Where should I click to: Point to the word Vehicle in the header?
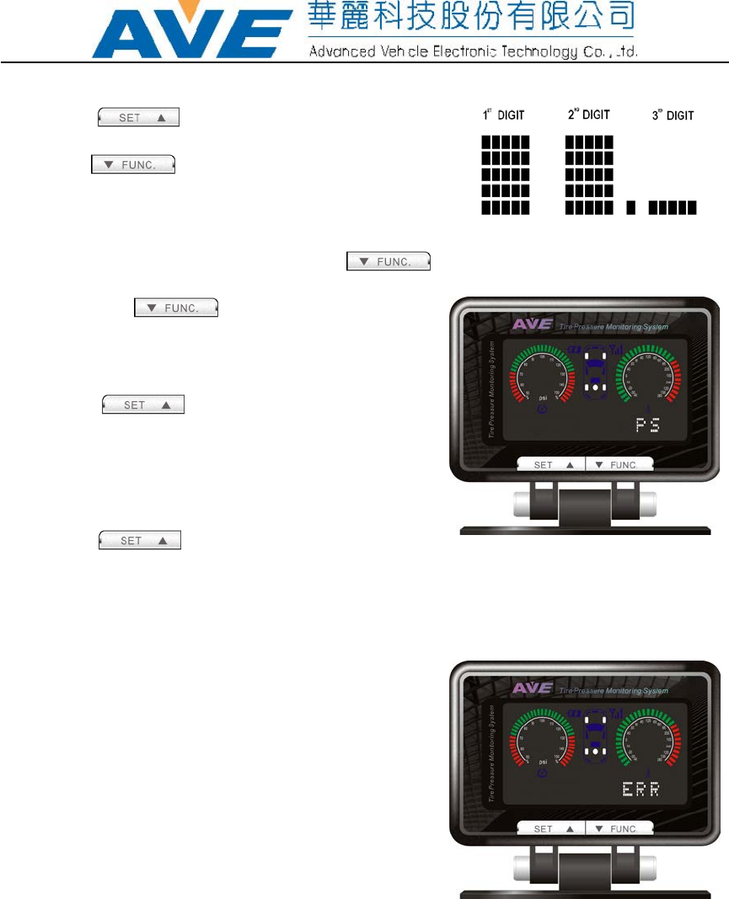pos(405,51)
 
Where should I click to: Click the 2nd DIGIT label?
pos(588,115)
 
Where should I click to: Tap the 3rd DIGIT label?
pos(673,115)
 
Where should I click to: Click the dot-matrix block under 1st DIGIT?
pos(505,175)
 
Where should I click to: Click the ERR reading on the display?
pos(640,789)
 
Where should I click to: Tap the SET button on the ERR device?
pos(552,828)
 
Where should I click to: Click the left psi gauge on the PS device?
pos(542,380)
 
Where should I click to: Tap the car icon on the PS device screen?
pos(597,374)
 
